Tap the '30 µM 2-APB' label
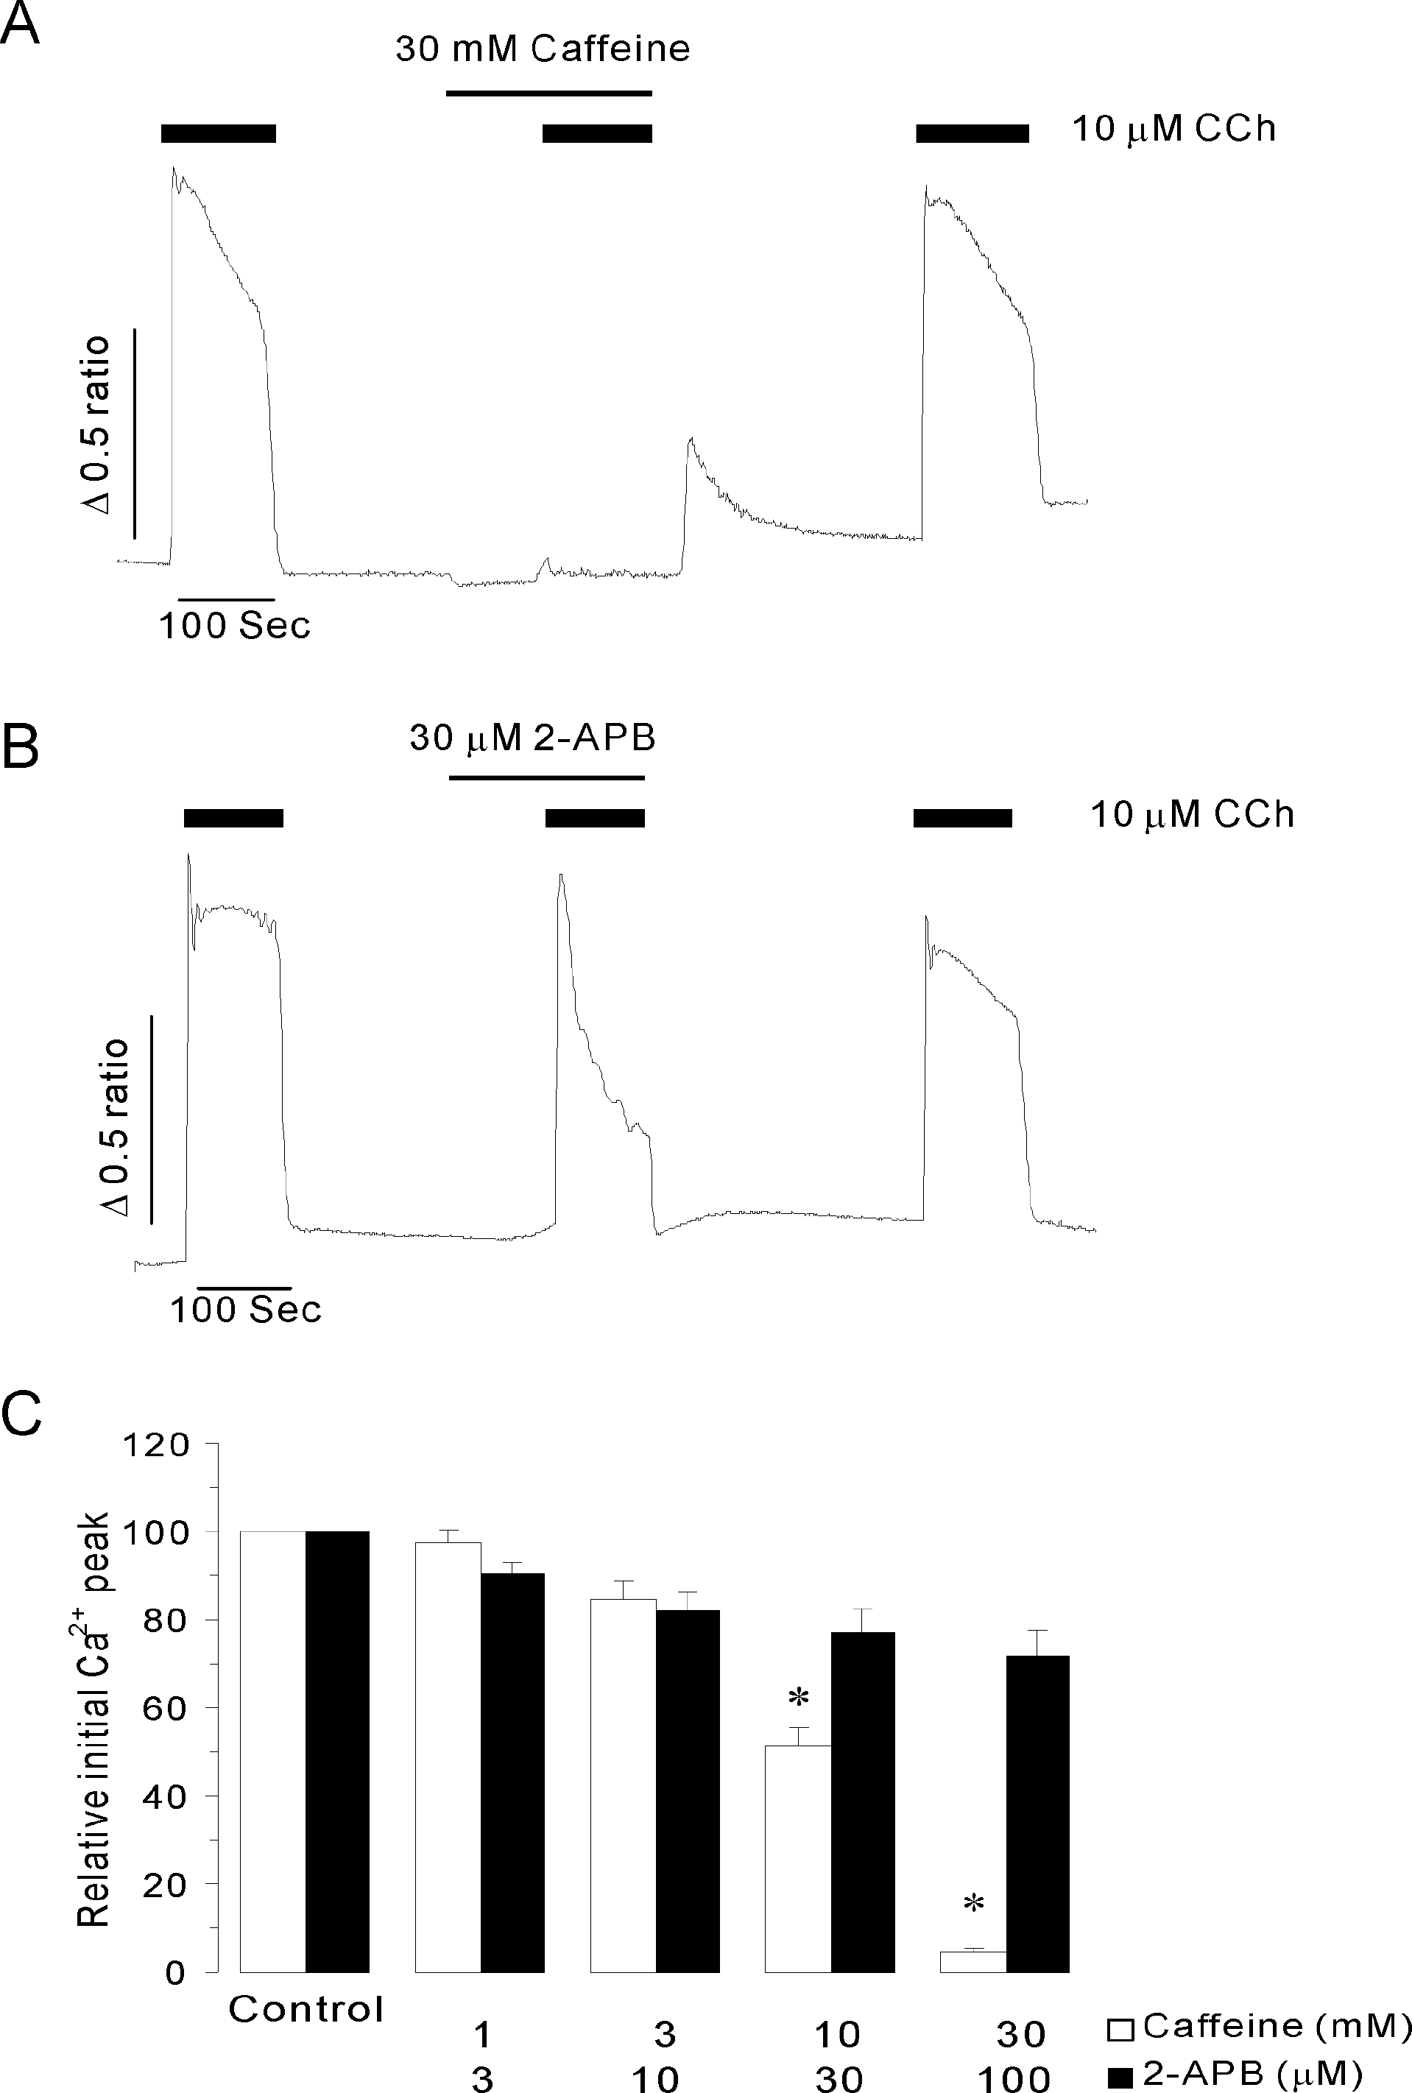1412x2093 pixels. pos(532,738)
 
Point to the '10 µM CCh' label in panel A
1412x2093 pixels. pos(1173,130)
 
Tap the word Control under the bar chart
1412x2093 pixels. pos(306,2009)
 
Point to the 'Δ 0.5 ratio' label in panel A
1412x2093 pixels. pos(94,424)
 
